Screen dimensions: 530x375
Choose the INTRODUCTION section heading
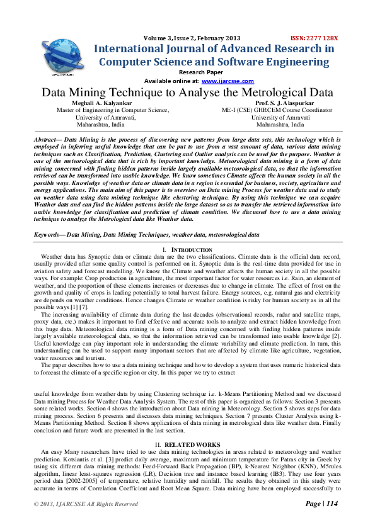click(x=192, y=232)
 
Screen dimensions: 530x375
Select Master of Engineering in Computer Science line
click(x=113, y=110)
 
